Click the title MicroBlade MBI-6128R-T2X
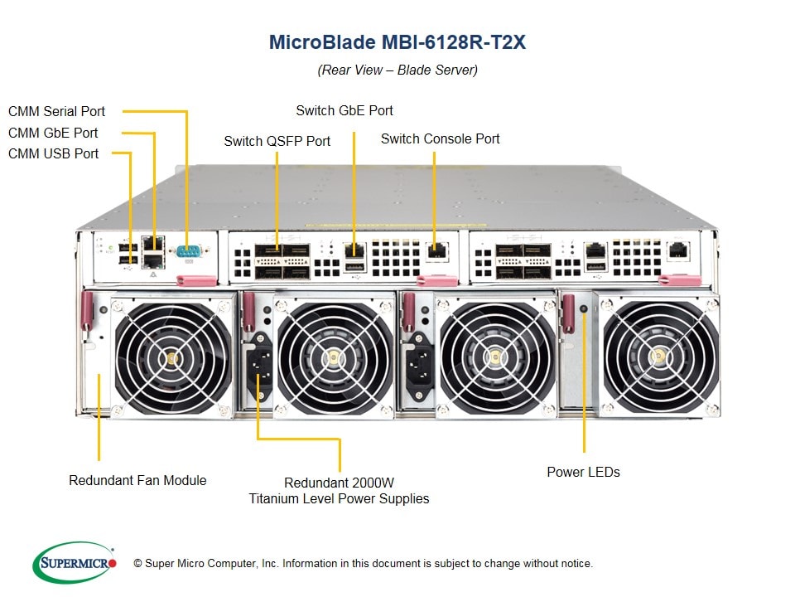[397, 42]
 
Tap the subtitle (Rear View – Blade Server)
[397, 70]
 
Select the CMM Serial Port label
[57, 111]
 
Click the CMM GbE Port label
[53, 133]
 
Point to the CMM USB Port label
[54, 153]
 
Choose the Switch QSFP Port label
[277, 141]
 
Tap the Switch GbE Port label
[344, 110]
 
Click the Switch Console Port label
[440, 138]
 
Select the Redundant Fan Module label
[137, 480]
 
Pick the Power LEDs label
[583, 472]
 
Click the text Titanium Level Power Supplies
[340, 498]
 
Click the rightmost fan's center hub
[660, 357]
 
